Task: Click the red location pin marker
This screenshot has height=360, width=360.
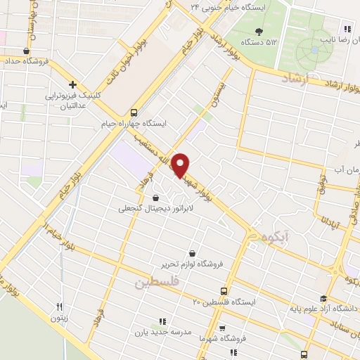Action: point(181,165)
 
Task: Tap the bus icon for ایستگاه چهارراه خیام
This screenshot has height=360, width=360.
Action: point(134,112)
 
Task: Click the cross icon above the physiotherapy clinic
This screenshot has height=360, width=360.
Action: point(72,84)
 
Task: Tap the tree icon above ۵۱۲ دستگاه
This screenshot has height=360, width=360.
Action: point(259,32)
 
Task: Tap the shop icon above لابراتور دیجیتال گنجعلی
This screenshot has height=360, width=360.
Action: point(155,198)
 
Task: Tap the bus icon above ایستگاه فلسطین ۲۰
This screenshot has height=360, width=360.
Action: point(224,291)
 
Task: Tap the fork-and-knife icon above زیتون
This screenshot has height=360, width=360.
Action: point(60,307)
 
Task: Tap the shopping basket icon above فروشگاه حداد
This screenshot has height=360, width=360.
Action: point(26,51)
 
